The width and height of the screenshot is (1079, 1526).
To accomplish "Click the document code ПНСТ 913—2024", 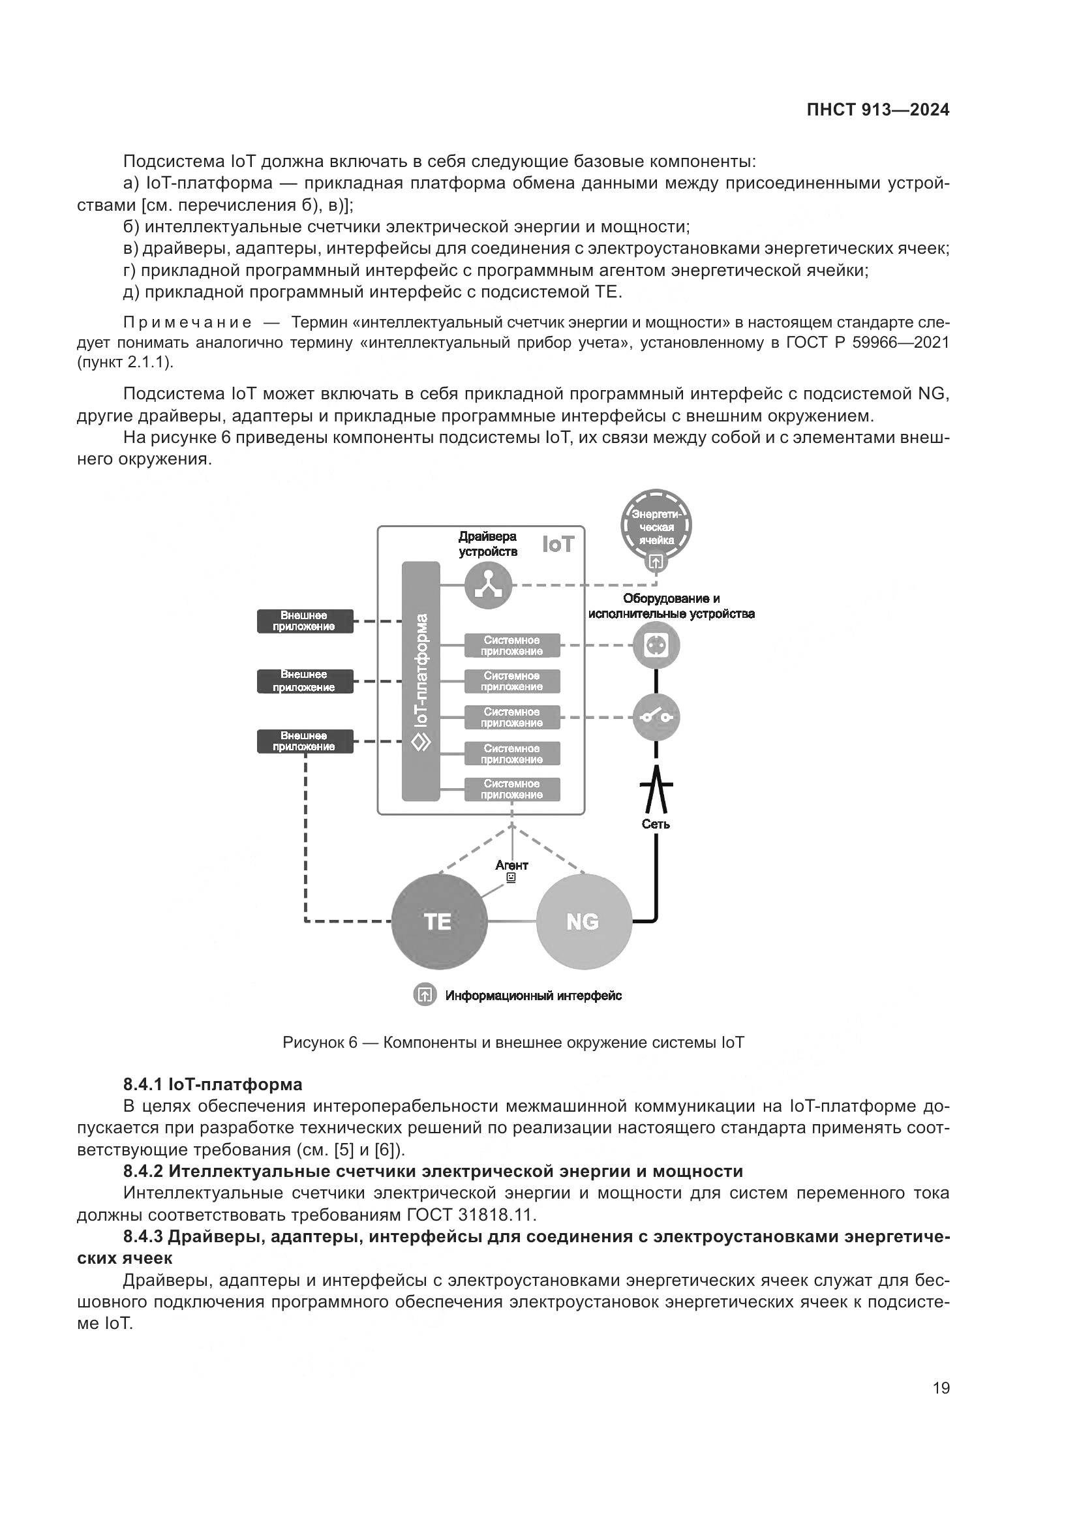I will tap(877, 110).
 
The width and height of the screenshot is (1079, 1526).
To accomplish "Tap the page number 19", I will tap(941, 1388).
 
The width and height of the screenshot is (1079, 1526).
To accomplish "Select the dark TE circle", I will tap(438, 921).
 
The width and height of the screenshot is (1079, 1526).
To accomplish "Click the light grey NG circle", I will tap(583, 921).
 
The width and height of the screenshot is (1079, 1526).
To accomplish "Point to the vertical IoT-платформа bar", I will tap(421, 681).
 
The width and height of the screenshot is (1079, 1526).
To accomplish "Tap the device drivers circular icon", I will tap(489, 585).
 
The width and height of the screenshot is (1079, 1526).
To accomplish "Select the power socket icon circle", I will tap(656, 645).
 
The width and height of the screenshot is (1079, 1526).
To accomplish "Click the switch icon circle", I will tap(656, 717).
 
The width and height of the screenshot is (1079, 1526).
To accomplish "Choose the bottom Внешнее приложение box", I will tap(305, 741).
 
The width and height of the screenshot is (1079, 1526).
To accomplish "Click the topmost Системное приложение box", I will tap(511, 645).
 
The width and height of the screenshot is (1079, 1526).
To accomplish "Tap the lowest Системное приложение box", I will tap(511, 789).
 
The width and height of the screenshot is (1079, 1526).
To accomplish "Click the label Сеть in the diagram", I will tap(656, 824).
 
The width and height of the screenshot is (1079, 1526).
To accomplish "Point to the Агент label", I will tap(511, 864).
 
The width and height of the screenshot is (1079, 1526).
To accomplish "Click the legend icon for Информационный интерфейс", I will tap(425, 995).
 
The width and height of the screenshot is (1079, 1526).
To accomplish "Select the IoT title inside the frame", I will tap(557, 544).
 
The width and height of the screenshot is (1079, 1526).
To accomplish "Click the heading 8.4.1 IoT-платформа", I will tap(213, 1084).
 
